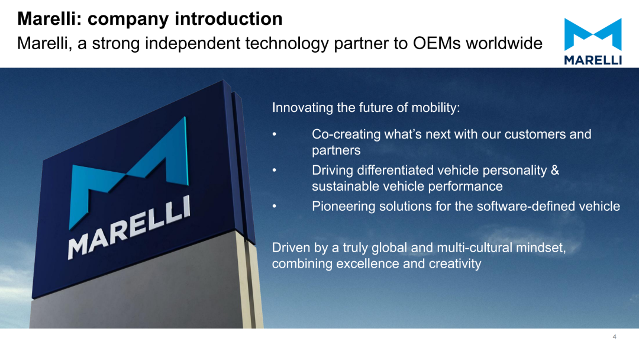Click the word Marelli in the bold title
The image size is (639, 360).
pos(49,19)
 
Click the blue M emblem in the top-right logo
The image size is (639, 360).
pos(593,35)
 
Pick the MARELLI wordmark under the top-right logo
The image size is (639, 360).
pos(593,60)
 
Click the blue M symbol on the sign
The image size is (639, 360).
pos(129,173)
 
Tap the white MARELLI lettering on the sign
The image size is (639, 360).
pos(129,227)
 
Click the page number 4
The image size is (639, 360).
pos(614,337)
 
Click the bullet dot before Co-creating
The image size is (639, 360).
pos(275,134)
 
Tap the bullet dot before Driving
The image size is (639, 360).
pos(275,170)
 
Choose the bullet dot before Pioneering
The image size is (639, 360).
pos(275,206)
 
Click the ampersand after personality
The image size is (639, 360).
pos(554,170)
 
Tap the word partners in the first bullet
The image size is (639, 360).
pos(336,150)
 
